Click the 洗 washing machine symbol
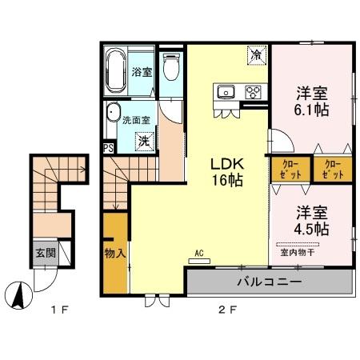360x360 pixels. (x=144, y=141)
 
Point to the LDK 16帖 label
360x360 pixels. (x=226, y=170)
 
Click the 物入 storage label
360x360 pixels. (x=115, y=254)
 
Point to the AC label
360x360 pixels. (x=199, y=254)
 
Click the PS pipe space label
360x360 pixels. (x=108, y=147)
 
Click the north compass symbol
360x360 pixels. (x=18, y=296)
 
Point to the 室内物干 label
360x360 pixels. (x=297, y=252)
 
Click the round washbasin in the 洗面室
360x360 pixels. (x=114, y=112)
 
